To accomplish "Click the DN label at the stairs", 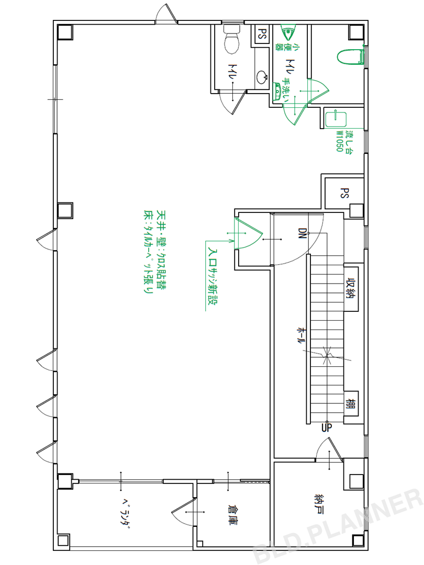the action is click(x=302, y=233).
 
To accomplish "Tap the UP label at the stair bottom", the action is click(x=327, y=428).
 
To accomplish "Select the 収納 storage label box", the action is click(x=351, y=288).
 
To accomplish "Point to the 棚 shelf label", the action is click(x=351, y=403).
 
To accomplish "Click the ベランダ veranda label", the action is click(x=125, y=514).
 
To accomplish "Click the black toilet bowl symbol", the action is click(x=231, y=39).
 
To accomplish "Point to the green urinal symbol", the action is click(x=288, y=33).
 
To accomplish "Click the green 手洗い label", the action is click(x=287, y=90).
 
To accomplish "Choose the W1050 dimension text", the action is click(x=339, y=141).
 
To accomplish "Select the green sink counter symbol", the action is click(x=336, y=119).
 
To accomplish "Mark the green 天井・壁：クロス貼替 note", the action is click(x=161, y=251).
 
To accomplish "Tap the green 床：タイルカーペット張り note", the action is click(x=148, y=252).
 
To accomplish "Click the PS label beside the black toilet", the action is click(x=262, y=34).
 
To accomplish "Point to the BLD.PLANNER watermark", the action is click(x=337, y=527).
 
